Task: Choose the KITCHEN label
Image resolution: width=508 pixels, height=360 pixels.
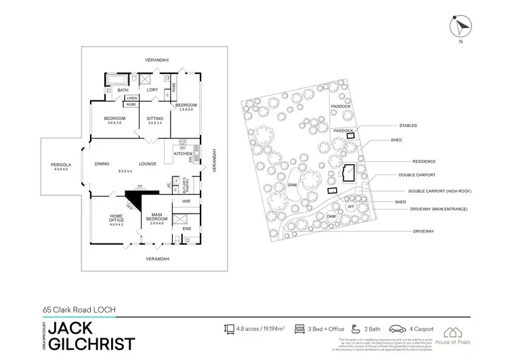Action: point(183,154)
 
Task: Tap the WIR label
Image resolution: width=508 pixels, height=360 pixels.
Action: point(186,201)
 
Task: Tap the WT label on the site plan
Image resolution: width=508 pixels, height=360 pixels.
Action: point(351,206)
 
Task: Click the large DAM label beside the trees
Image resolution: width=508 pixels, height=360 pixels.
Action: point(292,184)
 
